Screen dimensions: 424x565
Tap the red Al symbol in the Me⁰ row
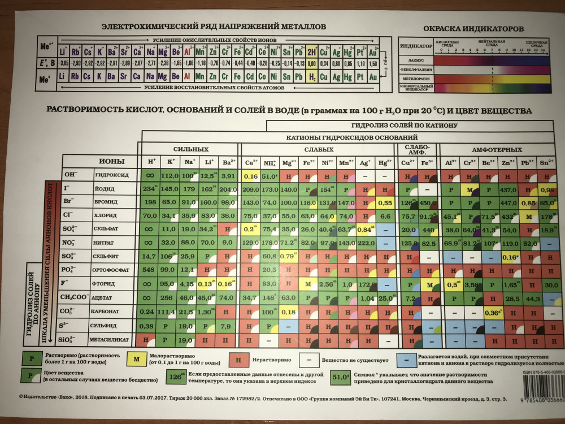pos(187,76)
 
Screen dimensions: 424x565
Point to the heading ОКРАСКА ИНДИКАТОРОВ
pos(473,29)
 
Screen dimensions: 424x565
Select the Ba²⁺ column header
pos(229,162)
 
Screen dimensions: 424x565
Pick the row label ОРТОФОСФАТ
pos(112,270)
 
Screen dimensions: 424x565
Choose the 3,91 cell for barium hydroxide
pos(228,176)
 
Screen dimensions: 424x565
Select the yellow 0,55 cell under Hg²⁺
pos(385,202)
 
